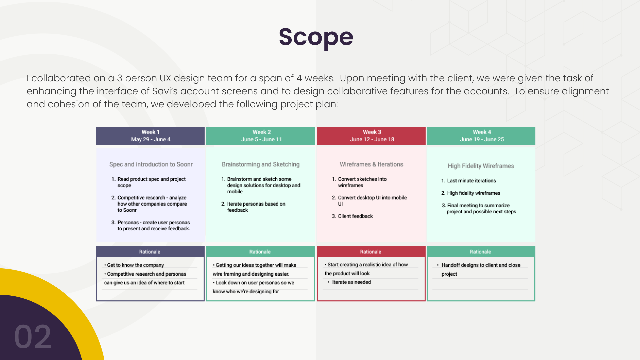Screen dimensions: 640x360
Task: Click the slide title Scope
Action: coord(316,37)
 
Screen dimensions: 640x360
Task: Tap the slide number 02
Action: coord(33,337)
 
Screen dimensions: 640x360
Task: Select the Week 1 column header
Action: coord(150,136)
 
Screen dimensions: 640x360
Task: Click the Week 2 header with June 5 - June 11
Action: coord(261,136)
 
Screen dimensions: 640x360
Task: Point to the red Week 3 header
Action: coord(371,136)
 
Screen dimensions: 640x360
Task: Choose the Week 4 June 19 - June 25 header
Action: coord(481,136)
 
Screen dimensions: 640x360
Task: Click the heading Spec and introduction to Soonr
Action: coord(151,164)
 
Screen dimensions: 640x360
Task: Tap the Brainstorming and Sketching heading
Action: coord(261,164)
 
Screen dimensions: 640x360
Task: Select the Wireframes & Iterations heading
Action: coord(371,164)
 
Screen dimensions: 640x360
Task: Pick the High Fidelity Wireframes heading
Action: coord(481,166)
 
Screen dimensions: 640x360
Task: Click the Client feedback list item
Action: coord(352,216)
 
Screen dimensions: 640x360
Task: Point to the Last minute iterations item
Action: coord(469,181)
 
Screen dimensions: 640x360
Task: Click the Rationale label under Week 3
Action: coord(371,252)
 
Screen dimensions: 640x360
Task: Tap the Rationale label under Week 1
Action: coord(150,252)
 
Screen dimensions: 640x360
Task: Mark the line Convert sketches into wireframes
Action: coord(359,182)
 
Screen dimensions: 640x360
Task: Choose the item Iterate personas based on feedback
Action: coord(253,207)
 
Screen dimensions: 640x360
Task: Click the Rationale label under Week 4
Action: coord(480,252)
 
